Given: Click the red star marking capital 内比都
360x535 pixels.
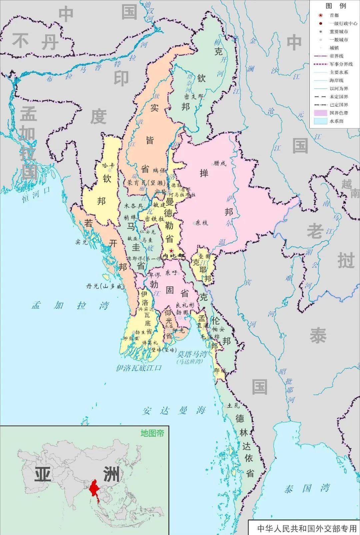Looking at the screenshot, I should [171, 251].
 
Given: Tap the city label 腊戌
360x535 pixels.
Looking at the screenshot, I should [220, 163].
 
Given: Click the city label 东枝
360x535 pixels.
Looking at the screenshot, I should [202, 223].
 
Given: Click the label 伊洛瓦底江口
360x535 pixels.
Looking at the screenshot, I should [138, 368].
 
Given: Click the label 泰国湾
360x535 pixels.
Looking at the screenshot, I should [307, 489].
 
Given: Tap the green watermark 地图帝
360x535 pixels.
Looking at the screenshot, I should [152, 433].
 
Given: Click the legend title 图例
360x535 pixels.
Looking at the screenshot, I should [336, 6].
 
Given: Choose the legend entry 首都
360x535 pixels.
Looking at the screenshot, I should [334, 15].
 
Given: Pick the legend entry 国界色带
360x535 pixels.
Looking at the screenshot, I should [339, 113].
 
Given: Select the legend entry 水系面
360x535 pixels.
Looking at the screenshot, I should [336, 121].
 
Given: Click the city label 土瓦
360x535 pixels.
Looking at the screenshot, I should [233, 406].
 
